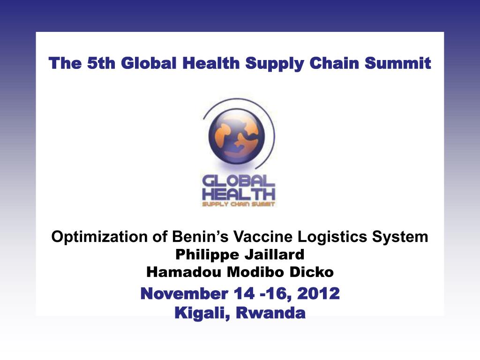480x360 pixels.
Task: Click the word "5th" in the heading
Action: (x=101, y=63)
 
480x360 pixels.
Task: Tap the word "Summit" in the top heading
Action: (x=397, y=63)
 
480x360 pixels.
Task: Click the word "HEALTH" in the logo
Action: (x=238, y=195)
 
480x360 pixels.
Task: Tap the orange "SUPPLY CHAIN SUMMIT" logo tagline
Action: (x=238, y=204)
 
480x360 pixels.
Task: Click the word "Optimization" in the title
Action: (x=99, y=237)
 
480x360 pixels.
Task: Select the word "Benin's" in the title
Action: (x=201, y=237)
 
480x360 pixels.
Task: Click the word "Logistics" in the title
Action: (x=332, y=237)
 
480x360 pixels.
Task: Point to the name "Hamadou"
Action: (x=184, y=272)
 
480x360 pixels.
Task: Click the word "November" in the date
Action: (x=184, y=293)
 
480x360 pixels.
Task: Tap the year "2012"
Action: (x=318, y=293)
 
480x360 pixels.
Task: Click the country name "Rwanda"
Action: (x=270, y=313)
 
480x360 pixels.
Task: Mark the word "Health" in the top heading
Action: (x=211, y=63)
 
